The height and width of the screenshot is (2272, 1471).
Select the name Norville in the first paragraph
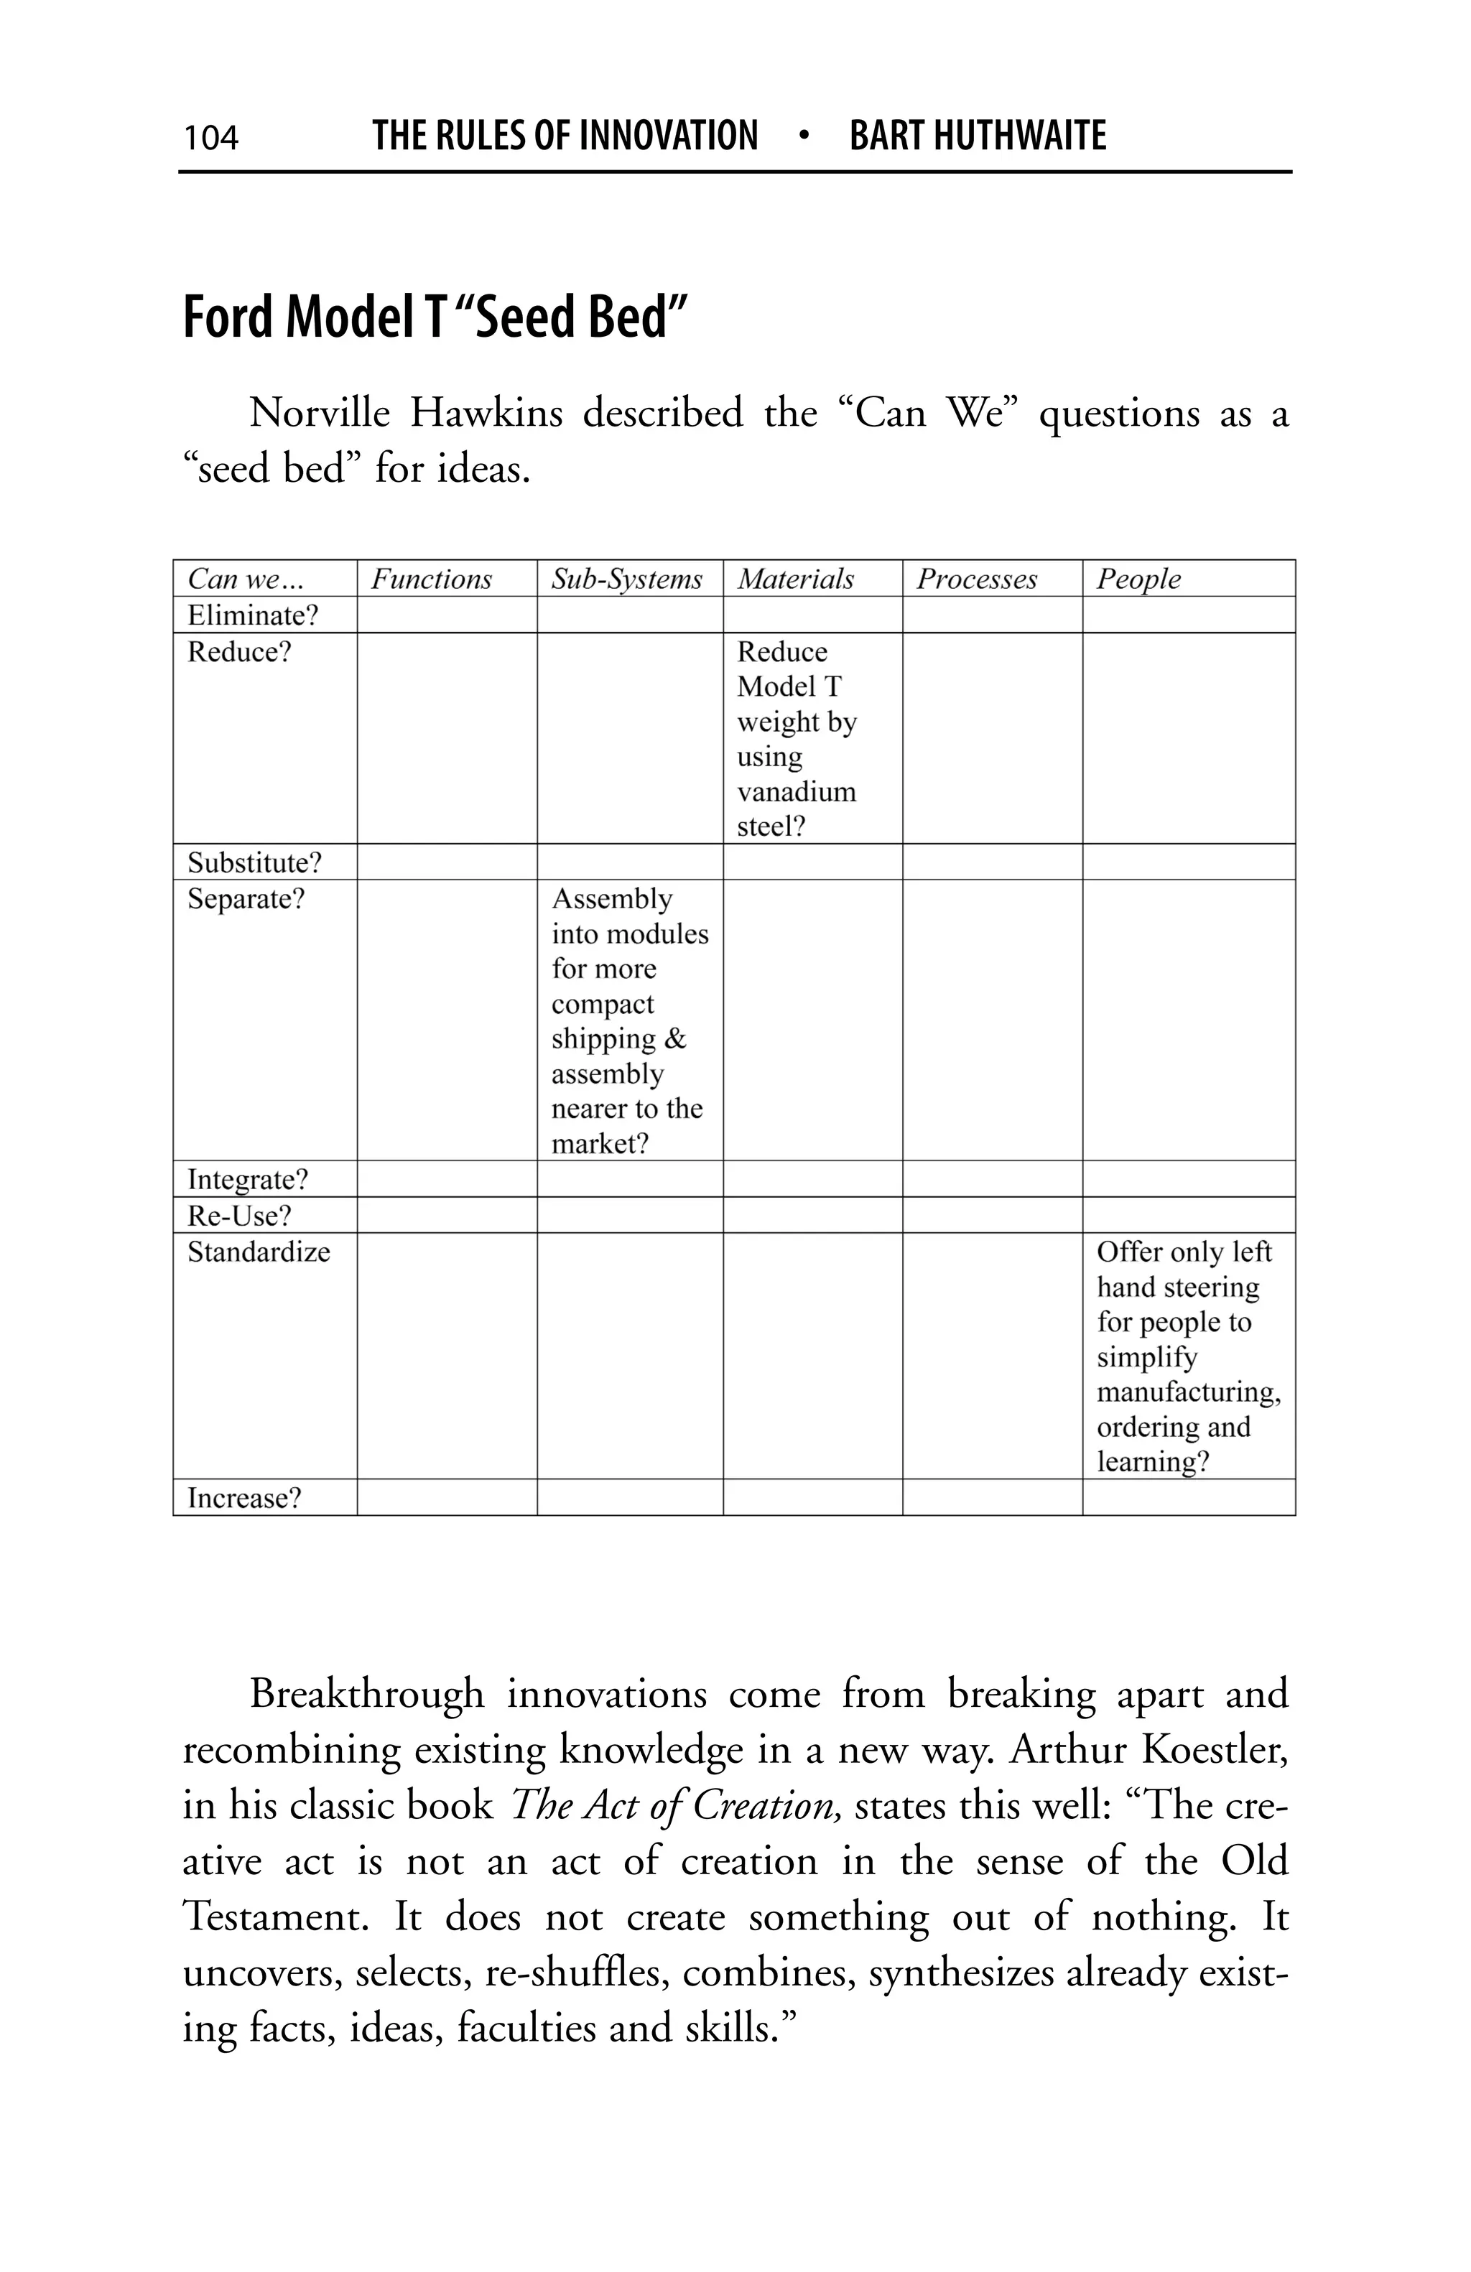pos(319,414)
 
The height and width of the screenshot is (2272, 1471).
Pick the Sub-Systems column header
pos(626,579)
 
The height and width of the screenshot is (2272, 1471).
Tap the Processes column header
pos(975,579)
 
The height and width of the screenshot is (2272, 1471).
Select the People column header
pos(1138,579)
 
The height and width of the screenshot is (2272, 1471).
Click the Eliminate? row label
pos(252,615)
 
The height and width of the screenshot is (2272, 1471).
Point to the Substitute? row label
pos(254,863)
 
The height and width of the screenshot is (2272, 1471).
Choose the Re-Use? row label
pos(238,1216)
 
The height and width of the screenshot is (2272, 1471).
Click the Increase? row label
pos(243,1498)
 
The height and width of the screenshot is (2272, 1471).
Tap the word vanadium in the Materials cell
pos(796,792)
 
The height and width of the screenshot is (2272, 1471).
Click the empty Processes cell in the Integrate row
pos(991,1179)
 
